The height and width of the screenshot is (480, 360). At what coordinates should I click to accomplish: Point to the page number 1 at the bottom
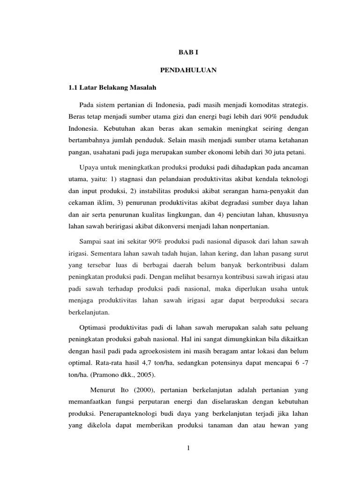coord(188,448)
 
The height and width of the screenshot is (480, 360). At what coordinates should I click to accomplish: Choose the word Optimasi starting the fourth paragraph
coord(94,326)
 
